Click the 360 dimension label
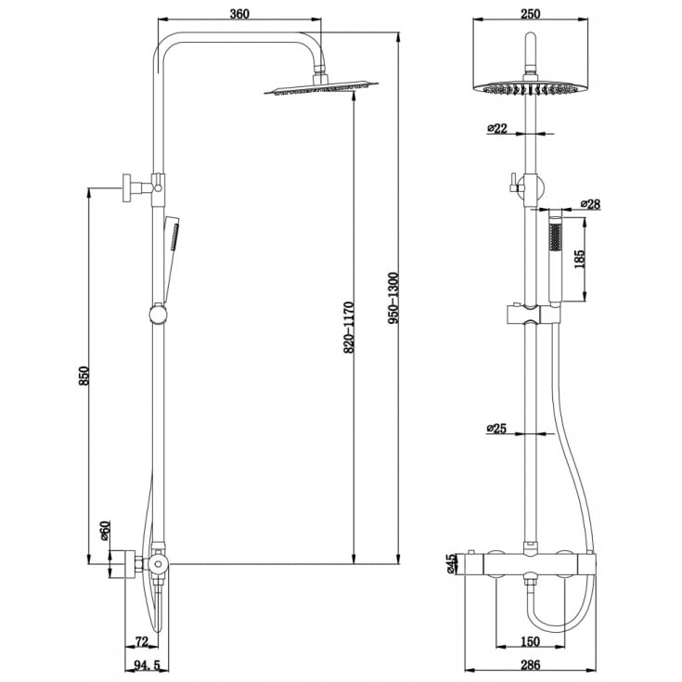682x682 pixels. [x=239, y=14]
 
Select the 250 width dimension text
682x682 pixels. [x=530, y=14]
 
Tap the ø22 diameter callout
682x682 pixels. [x=497, y=128]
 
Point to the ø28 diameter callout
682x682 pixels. [x=590, y=204]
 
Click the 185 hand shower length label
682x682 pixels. [x=580, y=259]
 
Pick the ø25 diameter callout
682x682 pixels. [x=496, y=429]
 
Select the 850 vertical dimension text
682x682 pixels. [x=84, y=376]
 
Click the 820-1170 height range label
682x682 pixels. [x=349, y=328]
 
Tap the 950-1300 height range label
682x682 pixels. [x=392, y=299]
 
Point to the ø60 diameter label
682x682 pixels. [x=106, y=530]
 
